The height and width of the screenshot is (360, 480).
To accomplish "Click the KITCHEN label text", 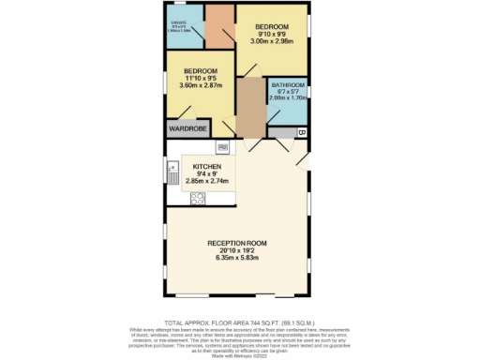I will click(x=207, y=166).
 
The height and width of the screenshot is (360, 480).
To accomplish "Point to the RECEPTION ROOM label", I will click(x=240, y=244).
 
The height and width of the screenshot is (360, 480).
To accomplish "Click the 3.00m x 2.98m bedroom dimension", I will click(x=272, y=41).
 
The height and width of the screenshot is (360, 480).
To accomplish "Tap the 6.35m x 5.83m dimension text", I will click(x=240, y=262).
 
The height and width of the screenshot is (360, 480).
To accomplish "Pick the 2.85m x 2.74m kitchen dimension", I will click(x=207, y=182).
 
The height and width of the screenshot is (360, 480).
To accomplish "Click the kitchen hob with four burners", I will click(x=199, y=198).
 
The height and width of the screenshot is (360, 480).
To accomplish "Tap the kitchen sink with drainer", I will click(x=173, y=172).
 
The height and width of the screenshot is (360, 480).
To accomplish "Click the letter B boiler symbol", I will click(x=302, y=133).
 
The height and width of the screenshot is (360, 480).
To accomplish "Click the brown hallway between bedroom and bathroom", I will click(x=251, y=109).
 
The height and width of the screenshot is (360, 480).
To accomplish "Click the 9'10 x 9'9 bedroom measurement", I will click(x=272, y=34).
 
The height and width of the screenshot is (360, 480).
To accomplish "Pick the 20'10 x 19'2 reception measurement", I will click(x=240, y=253).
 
